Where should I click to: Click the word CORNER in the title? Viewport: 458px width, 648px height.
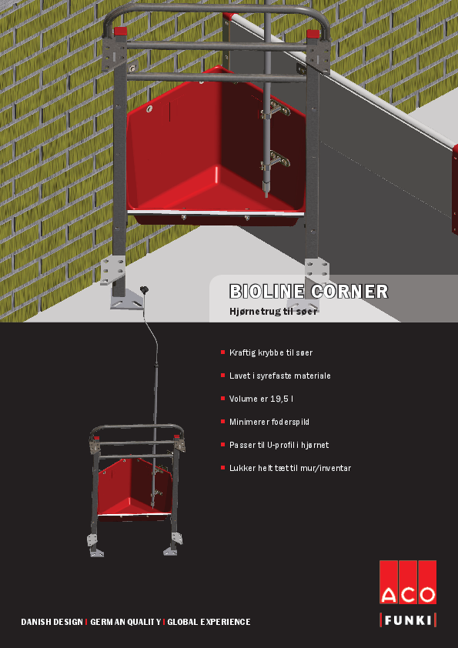pyautogui.click(x=349, y=292)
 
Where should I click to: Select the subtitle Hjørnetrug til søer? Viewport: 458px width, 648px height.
pyautogui.click(x=273, y=312)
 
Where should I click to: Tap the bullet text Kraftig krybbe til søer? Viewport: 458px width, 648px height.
pyautogui.click(x=271, y=353)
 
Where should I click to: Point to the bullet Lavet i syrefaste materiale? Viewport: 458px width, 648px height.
pyautogui.click(x=280, y=376)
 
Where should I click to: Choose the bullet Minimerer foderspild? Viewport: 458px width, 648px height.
pyautogui.click(x=269, y=422)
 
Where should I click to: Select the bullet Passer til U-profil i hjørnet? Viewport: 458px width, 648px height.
pyautogui.click(x=279, y=445)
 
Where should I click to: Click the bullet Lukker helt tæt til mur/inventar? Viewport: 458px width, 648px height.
pyautogui.click(x=290, y=468)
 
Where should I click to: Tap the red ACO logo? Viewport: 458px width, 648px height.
pyautogui.click(x=408, y=583)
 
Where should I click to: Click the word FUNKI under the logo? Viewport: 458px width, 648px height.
pyautogui.click(x=408, y=620)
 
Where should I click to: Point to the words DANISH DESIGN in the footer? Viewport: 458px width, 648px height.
pyautogui.click(x=52, y=622)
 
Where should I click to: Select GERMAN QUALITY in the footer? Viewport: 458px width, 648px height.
pyautogui.click(x=125, y=622)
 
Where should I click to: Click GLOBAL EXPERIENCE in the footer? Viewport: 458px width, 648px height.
pyautogui.click(x=209, y=622)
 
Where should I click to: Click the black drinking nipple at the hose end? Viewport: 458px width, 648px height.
pyautogui.click(x=144, y=290)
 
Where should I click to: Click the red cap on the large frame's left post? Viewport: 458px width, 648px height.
pyautogui.click(x=120, y=32)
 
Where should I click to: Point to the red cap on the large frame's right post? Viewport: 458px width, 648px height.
pyautogui.click(x=313, y=34)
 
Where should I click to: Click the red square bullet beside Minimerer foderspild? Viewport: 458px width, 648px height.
pyautogui.click(x=222, y=422)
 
